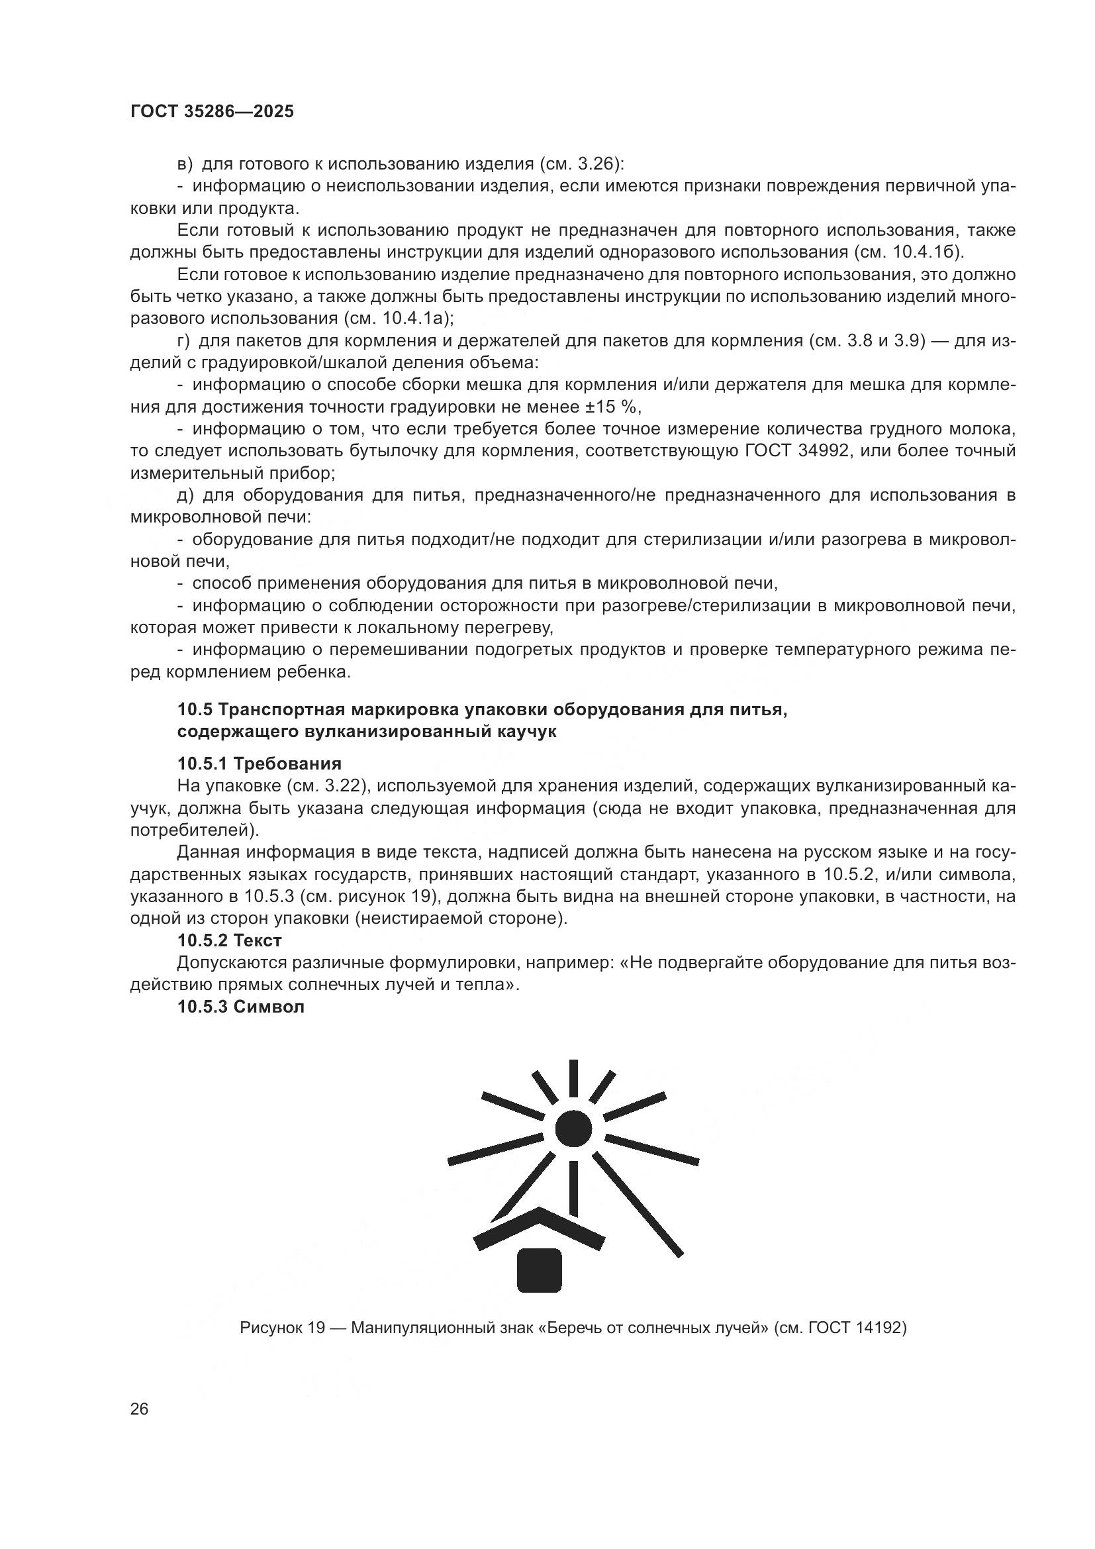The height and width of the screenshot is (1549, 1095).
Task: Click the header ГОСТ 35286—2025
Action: point(212,112)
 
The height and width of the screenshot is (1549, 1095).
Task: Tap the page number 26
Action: point(139,1409)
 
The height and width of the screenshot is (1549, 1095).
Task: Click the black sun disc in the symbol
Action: point(573,1127)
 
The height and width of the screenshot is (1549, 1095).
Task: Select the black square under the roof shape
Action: point(540,1270)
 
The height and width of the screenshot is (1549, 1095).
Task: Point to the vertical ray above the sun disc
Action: point(573,1078)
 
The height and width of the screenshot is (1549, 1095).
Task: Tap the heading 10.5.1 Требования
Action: point(260,764)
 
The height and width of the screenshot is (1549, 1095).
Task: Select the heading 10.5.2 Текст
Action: point(229,940)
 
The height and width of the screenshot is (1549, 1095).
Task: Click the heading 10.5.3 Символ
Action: point(241,1007)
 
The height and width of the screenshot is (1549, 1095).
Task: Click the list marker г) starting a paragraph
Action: point(183,341)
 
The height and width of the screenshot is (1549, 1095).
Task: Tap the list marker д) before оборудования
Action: point(185,495)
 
